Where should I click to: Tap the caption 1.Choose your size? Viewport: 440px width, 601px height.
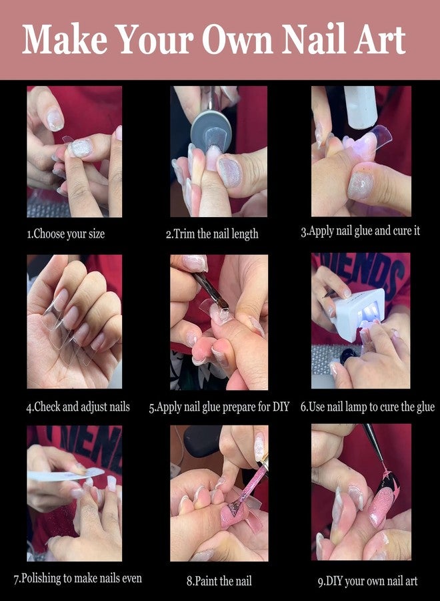(65, 234)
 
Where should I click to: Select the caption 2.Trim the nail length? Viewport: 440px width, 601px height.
(212, 234)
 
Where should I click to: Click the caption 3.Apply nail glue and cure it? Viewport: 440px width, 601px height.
(361, 231)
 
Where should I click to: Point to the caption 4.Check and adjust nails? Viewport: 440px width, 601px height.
(78, 407)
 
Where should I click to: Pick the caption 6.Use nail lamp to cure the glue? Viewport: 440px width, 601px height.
(368, 407)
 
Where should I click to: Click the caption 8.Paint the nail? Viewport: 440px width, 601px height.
(219, 581)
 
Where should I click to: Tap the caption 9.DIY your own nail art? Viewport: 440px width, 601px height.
(368, 581)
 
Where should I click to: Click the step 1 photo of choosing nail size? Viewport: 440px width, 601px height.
(75, 152)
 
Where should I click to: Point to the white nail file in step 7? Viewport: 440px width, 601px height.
(66, 475)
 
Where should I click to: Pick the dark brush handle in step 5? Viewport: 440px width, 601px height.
(210, 290)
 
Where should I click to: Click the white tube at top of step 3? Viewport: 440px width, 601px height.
(360, 107)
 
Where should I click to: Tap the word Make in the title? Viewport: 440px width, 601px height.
(65, 39)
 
